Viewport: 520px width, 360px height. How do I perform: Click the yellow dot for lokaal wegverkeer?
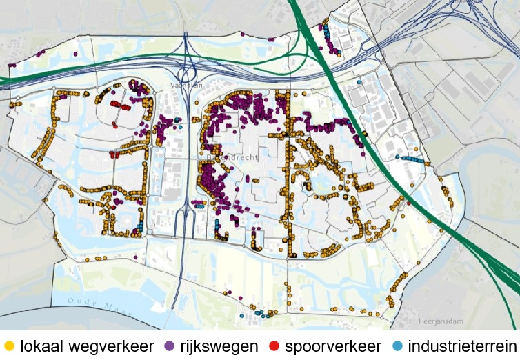click(9, 345)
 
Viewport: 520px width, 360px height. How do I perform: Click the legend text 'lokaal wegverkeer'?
click(86, 346)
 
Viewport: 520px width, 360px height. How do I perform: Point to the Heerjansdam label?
click(439, 321)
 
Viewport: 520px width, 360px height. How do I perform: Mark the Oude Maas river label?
click(93, 303)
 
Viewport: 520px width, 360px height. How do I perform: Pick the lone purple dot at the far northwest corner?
click(10, 66)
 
